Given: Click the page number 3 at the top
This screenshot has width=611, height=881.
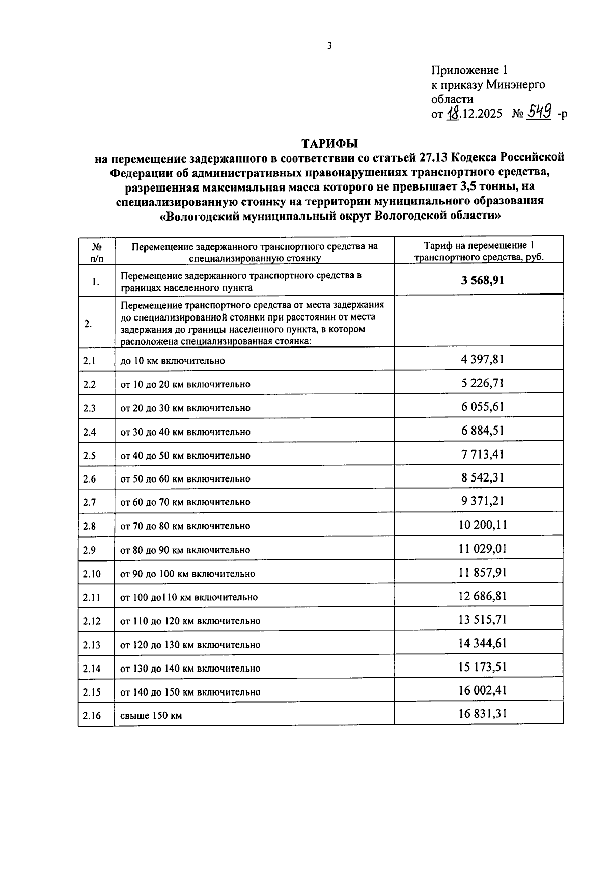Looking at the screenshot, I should click(x=329, y=46).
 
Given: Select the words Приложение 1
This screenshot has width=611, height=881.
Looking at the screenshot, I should click(x=469, y=70).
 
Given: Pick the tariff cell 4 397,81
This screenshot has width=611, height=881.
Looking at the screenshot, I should click(x=482, y=360).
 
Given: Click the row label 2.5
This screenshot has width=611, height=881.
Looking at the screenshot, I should click(x=90, y=456).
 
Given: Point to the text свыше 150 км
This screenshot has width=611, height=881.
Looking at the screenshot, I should click(x=151, y=716).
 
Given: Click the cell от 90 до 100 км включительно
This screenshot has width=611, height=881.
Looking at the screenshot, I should click(x=187, y=574).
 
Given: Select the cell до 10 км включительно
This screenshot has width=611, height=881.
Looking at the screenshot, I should click(x=172, y=361).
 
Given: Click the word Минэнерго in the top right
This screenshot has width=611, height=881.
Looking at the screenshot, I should click(x=515, y=85).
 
